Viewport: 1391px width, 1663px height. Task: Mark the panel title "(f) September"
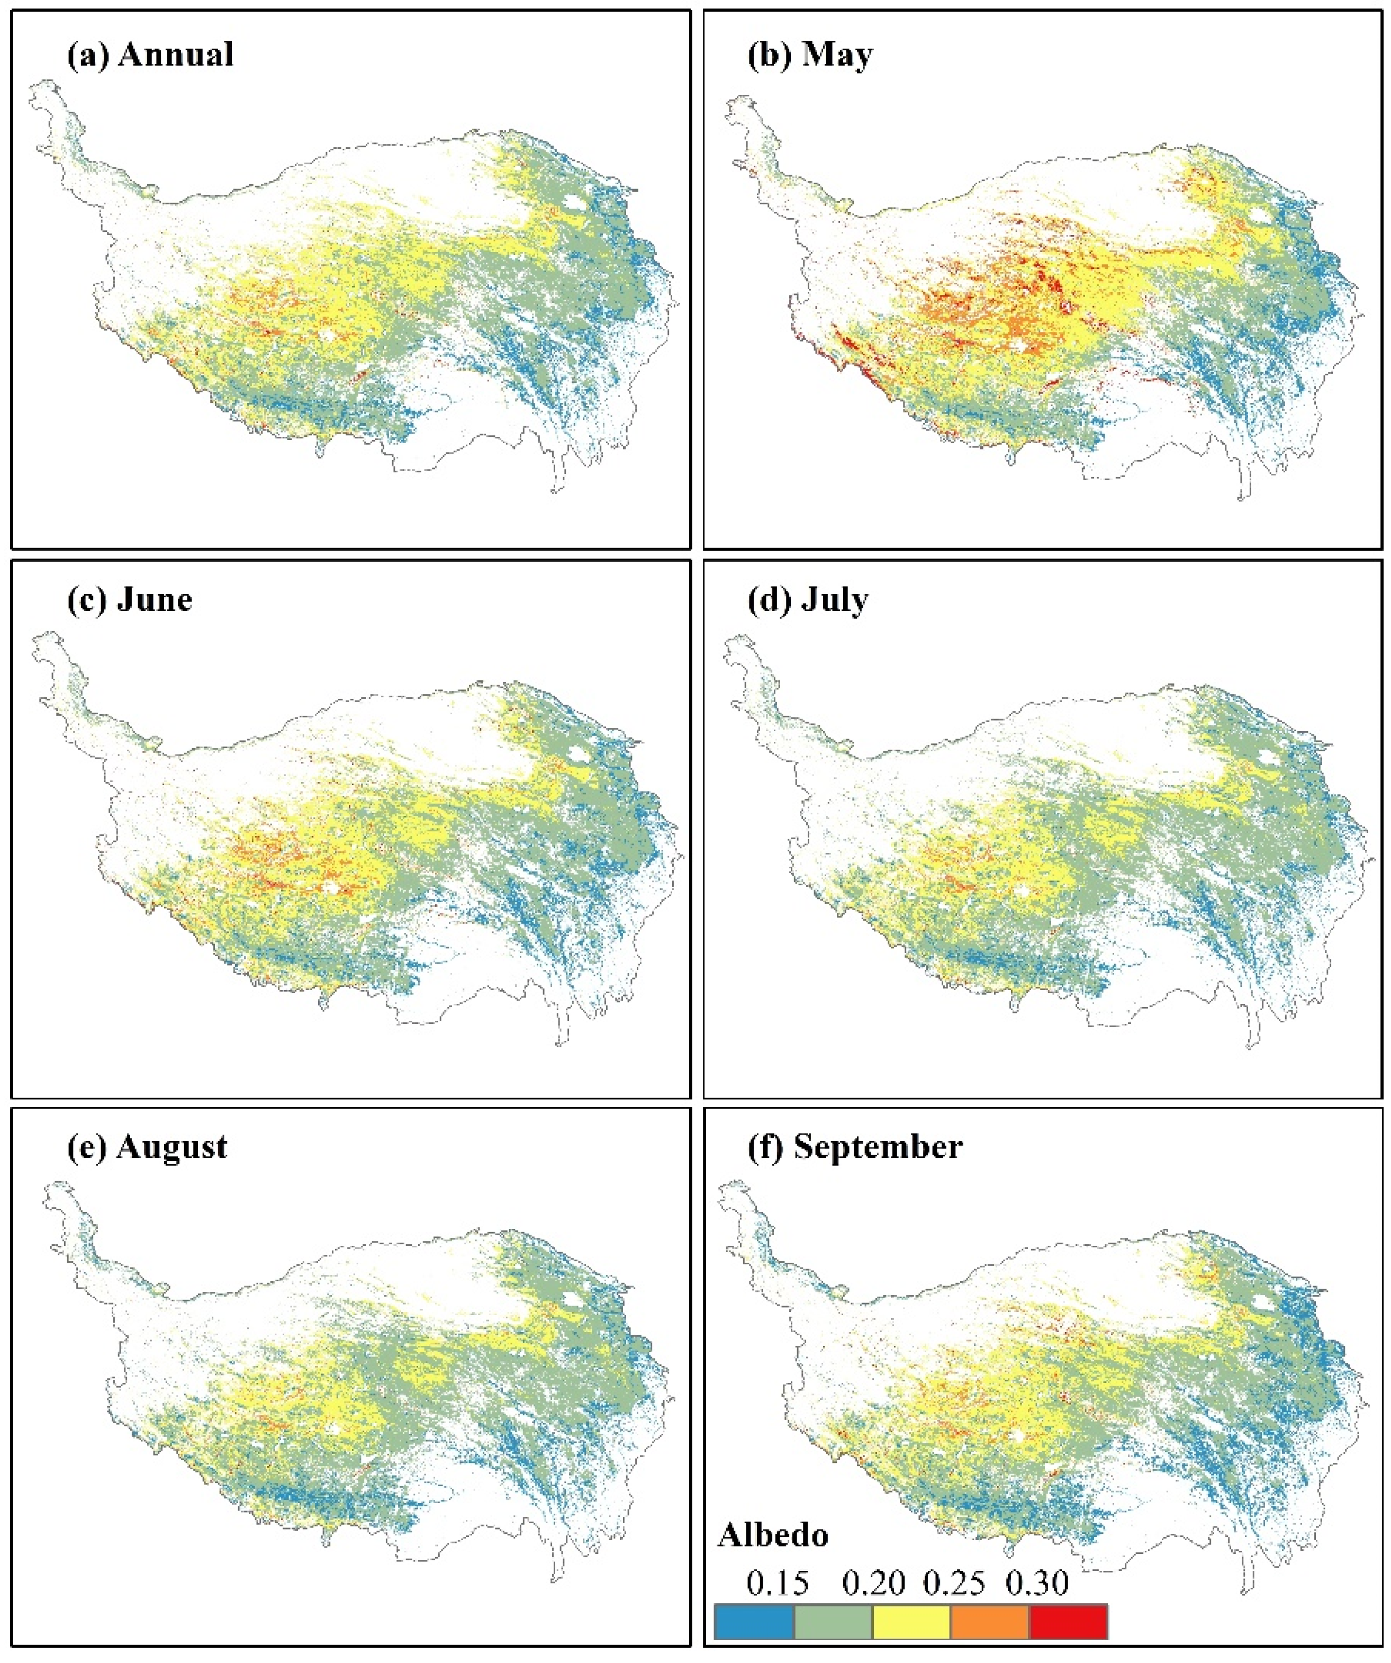point(855,1147)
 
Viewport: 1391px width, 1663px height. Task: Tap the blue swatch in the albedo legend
point(754,1622)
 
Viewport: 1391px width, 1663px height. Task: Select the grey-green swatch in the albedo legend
point(833,1622)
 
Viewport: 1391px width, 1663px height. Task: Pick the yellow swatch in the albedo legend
point(911,1622)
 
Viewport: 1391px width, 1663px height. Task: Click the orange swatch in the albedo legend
point(990,1622)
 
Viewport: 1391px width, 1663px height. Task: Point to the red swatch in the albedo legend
point(1068,1622)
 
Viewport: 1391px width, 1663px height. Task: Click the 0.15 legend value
point(778,1583)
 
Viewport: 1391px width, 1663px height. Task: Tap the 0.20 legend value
point(873,1583)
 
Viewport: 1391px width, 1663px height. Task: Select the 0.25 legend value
point(954,1583)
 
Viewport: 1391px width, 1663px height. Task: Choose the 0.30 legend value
point(1037,1583)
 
